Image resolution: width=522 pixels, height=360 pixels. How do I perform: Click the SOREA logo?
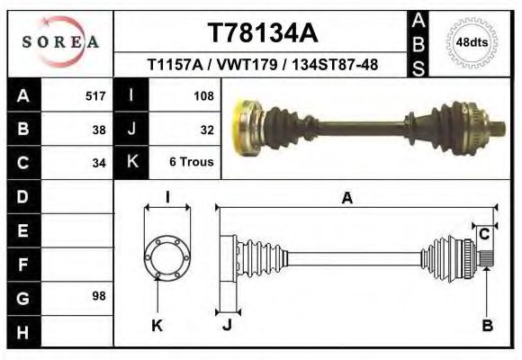pos(60,41)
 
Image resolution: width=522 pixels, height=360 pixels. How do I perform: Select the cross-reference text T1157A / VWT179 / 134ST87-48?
pos(262,66)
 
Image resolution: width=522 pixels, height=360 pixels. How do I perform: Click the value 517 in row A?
pos(95,95)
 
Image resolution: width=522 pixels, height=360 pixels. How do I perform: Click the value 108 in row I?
pos(202,95)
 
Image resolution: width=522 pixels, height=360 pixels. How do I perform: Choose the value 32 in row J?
pos(206,129)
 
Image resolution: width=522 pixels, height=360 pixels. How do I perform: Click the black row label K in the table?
pos(131,163)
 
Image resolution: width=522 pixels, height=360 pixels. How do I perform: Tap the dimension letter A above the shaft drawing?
pos(346,199)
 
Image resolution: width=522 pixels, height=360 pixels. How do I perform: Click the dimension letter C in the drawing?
pos(484,234)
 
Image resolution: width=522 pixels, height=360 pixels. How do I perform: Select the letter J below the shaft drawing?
pos(227,326)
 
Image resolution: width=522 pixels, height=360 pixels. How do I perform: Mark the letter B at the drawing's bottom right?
pos(487,326)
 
